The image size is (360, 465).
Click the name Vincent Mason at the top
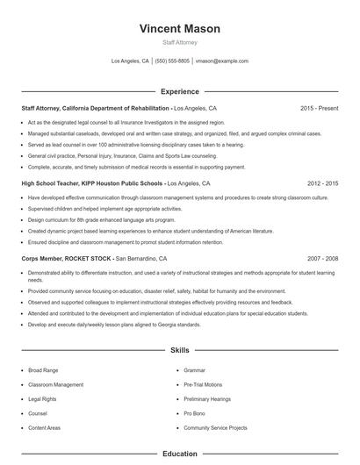tap(180, 29)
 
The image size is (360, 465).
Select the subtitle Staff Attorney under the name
tap(180, 42)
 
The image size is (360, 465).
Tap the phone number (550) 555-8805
tap(173, 61)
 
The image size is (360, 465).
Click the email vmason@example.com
tap(221, 61)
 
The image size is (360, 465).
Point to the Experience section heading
tap(180, 91)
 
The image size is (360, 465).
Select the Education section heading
tap(180, 454)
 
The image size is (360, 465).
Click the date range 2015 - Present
tap(319, 108)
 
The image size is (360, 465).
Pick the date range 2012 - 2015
tap(322, 184)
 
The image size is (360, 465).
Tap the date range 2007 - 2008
tap(322, 260)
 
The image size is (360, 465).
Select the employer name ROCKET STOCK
tap(86, 260)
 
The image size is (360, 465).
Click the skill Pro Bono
tap(195, 412)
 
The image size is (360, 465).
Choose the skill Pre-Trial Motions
tap(203, 384)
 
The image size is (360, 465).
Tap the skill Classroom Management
tap(55, 384)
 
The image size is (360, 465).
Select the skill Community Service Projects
tap(216, 426)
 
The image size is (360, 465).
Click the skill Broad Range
tap(43, 370)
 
